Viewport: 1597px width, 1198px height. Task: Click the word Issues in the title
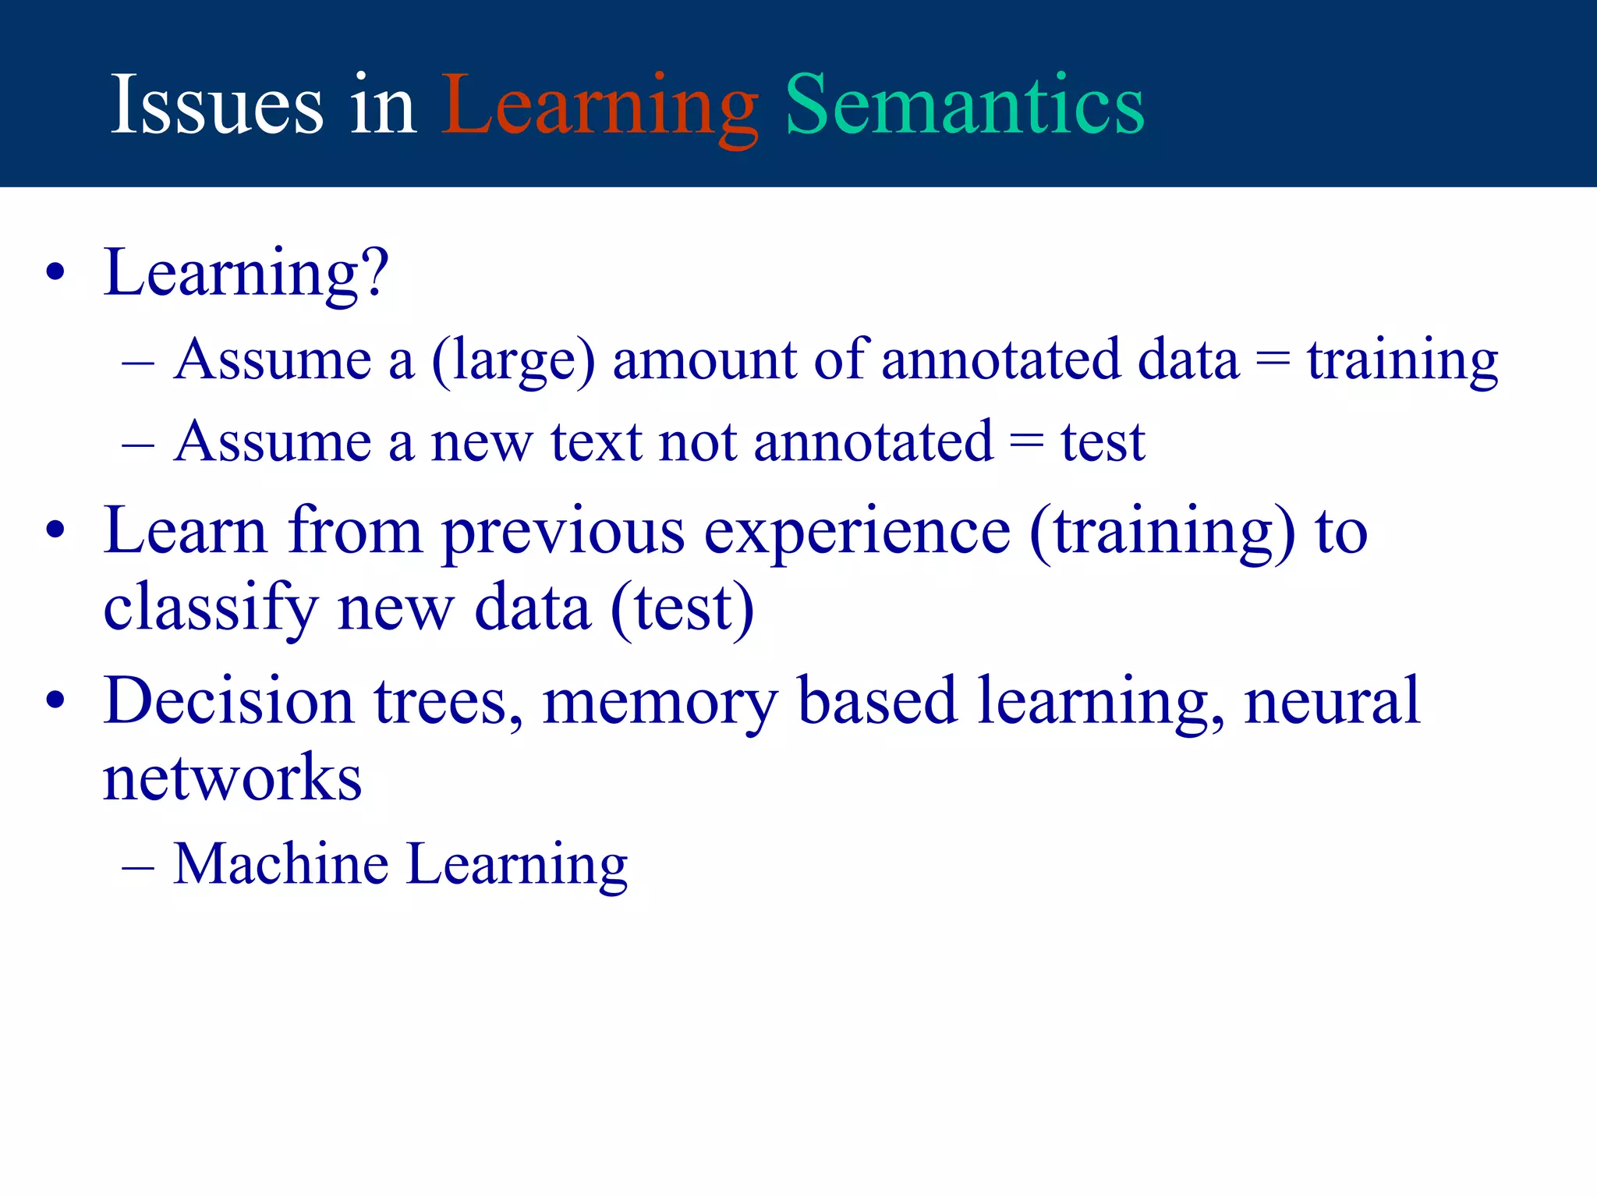[x=217, y=105]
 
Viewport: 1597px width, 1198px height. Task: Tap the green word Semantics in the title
[x=965, y=105]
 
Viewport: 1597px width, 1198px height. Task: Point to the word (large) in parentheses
[x=513, y=360]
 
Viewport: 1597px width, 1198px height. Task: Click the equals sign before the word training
[x=1273, y=360]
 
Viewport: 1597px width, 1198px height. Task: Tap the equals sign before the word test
[x=1026, y=443]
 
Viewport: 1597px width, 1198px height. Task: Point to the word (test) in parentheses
[x=682, y=608]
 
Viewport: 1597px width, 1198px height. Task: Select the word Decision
[x=228, y=701]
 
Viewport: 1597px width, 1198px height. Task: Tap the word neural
[x=1332, y=701]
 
